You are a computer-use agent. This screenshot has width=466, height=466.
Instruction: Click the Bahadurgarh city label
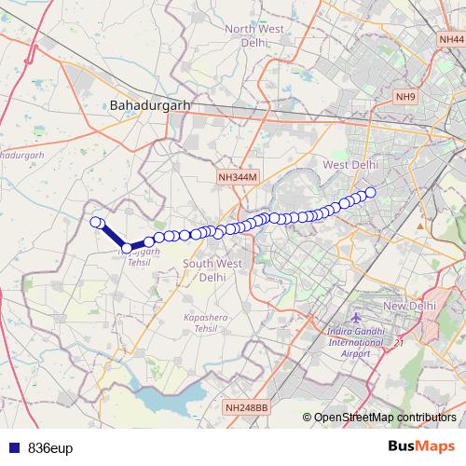click(x=149, y=105)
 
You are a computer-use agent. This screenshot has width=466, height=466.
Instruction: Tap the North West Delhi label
click(x=254, y=35)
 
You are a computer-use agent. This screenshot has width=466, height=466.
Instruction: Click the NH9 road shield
click(x=405, y=96)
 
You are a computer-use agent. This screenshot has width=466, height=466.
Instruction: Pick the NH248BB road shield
click(x=246, y=407)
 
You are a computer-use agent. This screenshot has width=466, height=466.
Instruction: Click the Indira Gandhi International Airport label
click(x=355, y=342)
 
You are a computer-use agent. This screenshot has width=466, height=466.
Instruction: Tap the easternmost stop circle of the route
click(x=370, y=193)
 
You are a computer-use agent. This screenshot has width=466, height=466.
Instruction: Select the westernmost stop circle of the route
click(x=95, y=222)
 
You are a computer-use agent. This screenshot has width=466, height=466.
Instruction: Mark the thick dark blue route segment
click(x=113, y=236)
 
